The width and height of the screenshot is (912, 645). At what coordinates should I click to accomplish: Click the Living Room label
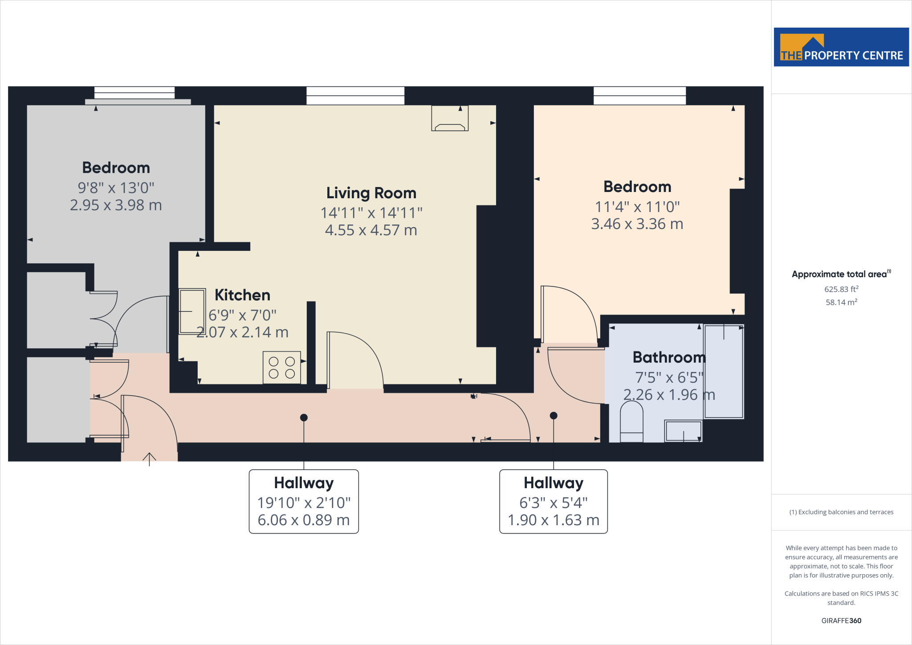371,193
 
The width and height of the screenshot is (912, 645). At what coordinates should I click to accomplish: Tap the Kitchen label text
242,295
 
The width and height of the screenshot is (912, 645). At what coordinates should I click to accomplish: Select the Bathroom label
669,357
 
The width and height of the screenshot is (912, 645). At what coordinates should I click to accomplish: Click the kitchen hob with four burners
281,367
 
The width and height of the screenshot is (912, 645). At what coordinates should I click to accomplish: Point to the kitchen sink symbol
192,311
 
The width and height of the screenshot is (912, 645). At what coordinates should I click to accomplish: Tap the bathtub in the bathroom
723,372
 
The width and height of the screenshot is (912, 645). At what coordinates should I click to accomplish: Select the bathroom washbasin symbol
683,431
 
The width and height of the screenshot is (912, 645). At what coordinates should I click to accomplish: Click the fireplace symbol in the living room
450,118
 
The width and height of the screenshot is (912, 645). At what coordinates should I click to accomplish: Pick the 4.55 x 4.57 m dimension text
371,230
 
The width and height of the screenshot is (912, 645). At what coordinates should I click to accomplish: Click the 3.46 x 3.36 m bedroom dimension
637,224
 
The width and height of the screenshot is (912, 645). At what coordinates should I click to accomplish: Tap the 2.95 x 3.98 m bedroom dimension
116,205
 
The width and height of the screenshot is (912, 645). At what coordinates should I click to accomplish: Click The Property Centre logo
841,47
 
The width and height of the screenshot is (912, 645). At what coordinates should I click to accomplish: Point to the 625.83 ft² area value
841,289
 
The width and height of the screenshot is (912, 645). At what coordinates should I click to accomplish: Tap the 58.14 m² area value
841,302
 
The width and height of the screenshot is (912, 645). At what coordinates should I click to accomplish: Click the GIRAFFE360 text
841,621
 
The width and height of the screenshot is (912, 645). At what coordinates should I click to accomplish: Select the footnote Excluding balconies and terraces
841,512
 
